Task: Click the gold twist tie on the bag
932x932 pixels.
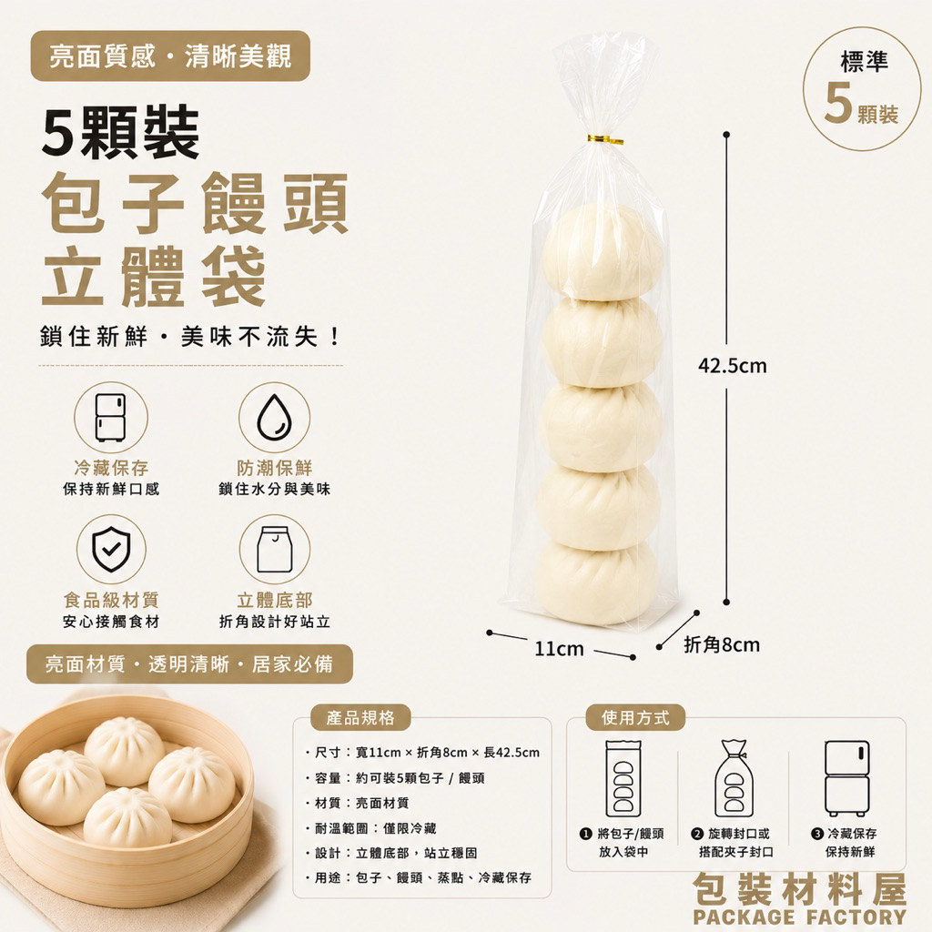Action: click(605, 140)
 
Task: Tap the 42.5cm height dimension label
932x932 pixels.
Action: click(733, 366)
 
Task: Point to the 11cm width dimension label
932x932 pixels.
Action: click(559, 648)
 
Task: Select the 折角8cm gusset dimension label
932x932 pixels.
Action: click(722, 644)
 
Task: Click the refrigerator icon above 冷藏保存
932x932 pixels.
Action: click(110, 417)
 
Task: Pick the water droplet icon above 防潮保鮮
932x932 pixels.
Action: click(274, 416)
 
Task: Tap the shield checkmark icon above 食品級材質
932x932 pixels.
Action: click(111, 549)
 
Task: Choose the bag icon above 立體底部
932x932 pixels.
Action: click(274, 549)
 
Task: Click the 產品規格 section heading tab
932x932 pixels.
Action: click(360, 718)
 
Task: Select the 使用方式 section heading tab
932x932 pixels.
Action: click(635, 718)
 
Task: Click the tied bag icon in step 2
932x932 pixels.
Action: click(734, 779)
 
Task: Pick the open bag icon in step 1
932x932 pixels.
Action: click(623, 778)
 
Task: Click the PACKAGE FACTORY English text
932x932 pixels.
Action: click(799, 916)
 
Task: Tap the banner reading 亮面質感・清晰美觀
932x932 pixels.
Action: click(170, 56)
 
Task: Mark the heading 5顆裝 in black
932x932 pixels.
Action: click(121, 132)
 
